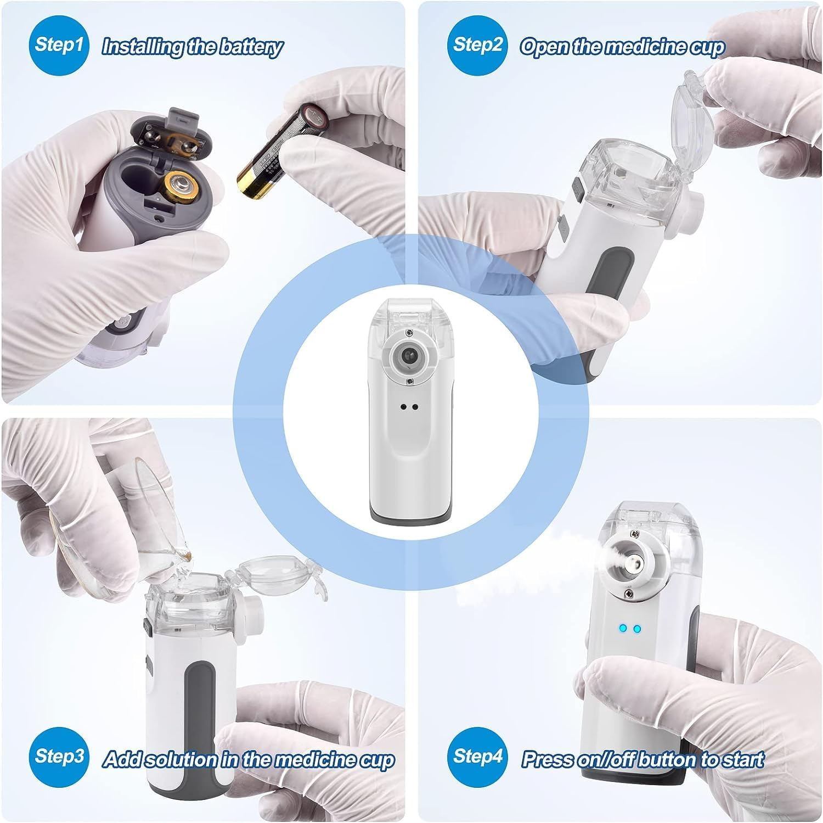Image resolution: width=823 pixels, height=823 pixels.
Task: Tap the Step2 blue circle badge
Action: [x=477, y=44]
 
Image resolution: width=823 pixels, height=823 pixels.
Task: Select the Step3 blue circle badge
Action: [x=59, y=756]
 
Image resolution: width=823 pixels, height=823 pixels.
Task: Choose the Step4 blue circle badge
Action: [x=477, y=756]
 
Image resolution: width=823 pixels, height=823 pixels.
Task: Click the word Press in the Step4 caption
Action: [x=546, y=760]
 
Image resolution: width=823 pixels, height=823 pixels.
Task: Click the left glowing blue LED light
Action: [x=623, y=629]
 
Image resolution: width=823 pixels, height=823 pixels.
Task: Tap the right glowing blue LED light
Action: [x=637, y=629]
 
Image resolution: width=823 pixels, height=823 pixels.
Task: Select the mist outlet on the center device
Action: [x=408, y=357]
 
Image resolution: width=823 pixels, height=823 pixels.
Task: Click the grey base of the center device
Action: [x=408, y=515]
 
